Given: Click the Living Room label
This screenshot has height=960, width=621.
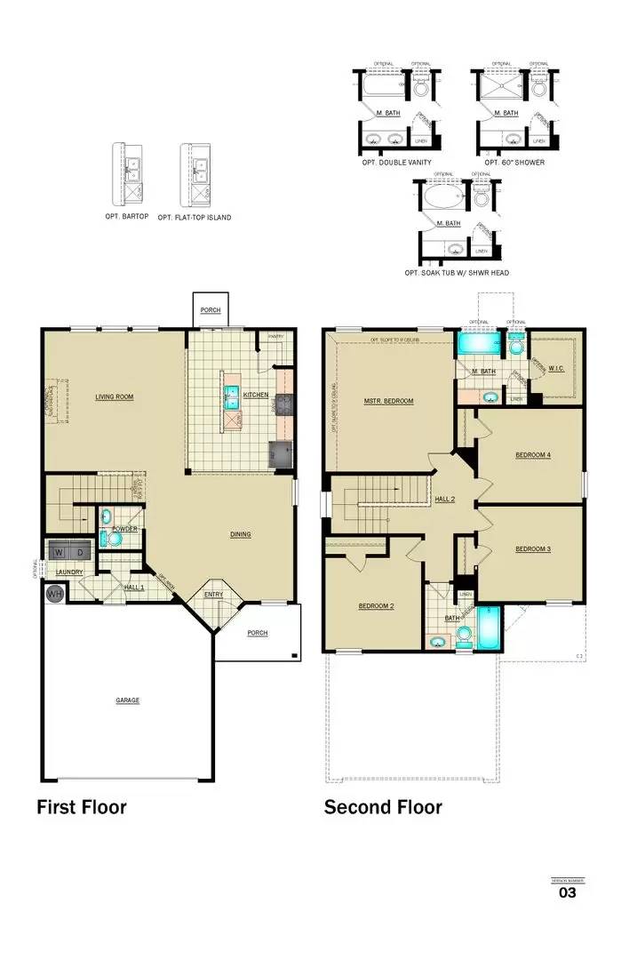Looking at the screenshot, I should click(115, 396).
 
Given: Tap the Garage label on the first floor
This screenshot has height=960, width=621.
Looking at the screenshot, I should click(127, 700).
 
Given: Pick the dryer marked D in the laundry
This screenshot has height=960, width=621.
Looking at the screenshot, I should click(78, 553).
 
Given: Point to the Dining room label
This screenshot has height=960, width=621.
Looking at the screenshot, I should click(240, 534).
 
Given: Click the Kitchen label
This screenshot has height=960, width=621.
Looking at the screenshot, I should click(256, 395).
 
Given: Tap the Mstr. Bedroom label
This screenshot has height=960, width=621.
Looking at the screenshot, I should click(389, 401).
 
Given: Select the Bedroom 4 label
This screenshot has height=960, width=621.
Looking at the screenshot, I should click(533, 455).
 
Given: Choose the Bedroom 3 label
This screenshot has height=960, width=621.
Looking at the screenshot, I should click(533, 548).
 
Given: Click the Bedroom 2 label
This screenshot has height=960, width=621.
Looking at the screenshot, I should click(376, 606).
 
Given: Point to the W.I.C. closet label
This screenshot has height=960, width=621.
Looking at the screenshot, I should click(557, 367).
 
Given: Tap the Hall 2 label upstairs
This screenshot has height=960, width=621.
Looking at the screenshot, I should click(445, 500).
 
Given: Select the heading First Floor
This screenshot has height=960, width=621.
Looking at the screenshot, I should click(81, 807).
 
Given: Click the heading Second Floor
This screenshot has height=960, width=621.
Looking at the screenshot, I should click(383, 807).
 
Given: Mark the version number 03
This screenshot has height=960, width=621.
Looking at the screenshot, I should click(567, 892).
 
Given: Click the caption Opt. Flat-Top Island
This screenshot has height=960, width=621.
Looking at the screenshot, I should click(194, 217).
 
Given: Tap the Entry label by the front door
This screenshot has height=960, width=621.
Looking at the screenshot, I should click(214, 594).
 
